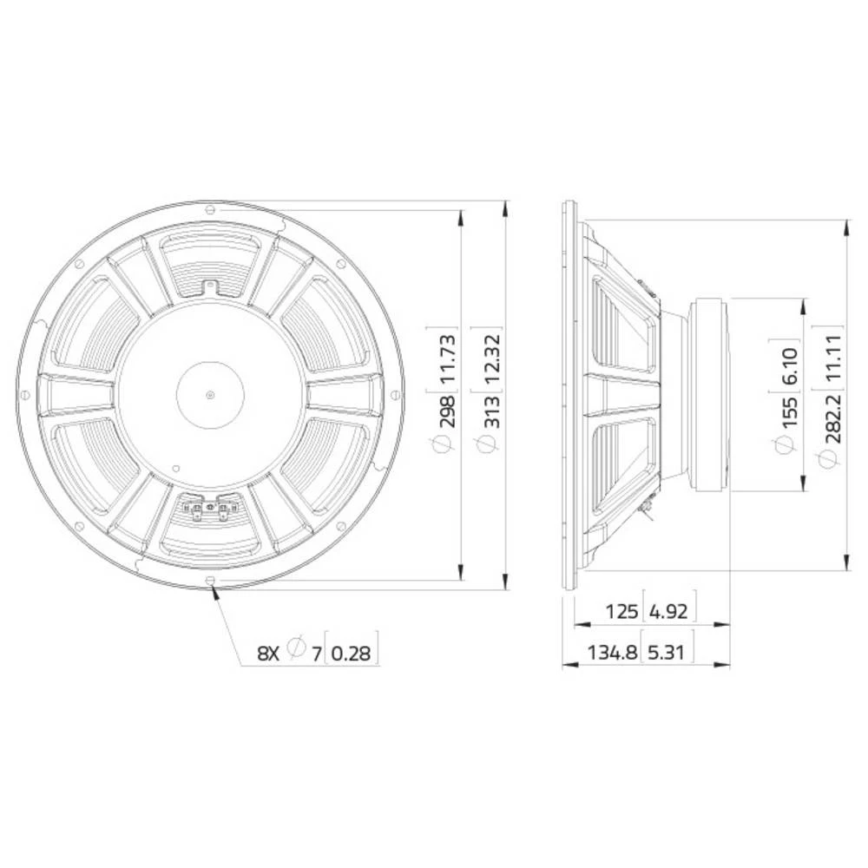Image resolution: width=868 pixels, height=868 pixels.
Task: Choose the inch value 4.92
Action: (x=668, y=610)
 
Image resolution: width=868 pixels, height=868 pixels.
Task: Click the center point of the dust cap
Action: (x=210, y=395)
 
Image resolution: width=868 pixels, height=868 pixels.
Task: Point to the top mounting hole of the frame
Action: (x=210, y=207)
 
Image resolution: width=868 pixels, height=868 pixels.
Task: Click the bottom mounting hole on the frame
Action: (x=210, y=582)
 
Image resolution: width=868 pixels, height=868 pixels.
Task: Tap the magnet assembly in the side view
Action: (x=710, y=395)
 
